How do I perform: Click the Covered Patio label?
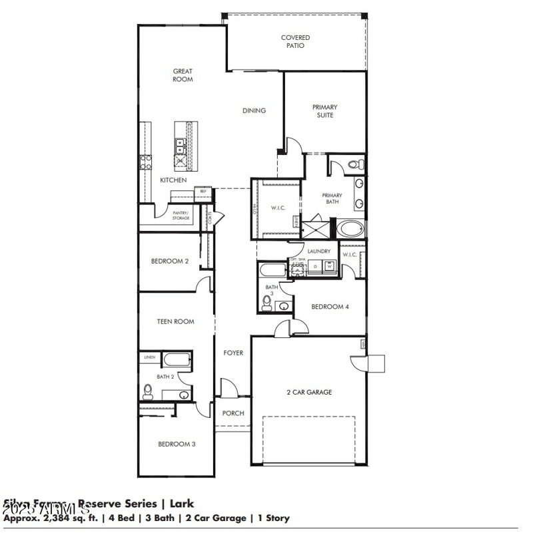point(295,42)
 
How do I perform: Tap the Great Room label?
point(183,75)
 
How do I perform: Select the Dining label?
point(254,110)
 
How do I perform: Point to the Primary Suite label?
point(324,111)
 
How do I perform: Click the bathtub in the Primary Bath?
point(350,230)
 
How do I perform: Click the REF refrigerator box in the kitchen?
point(203,192)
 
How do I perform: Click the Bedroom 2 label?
point(169,262)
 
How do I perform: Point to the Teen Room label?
point(175,321)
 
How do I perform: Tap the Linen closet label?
point(149,357)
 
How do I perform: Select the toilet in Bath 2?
point(148,392)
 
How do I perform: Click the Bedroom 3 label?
point(176,444)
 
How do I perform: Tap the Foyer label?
point(233,353)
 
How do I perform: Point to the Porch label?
point(233,413)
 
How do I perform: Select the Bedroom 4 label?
point(330,307)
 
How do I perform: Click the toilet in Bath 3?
point(267,303)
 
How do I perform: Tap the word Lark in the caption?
point(181,504)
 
